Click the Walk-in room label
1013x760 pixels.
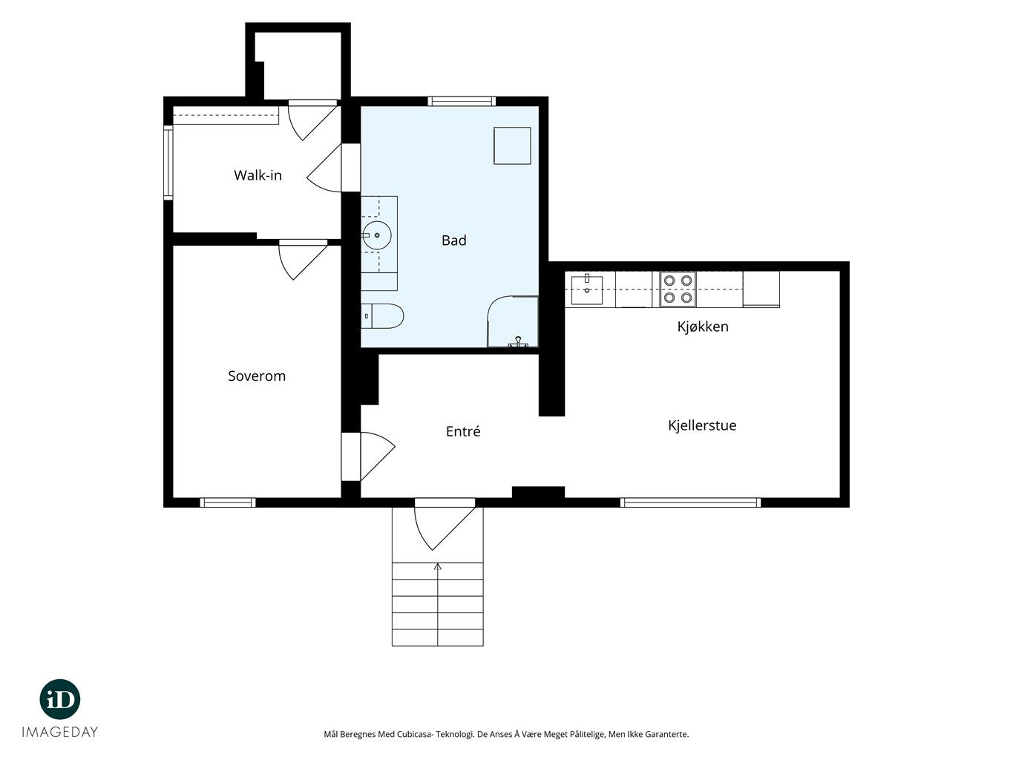tap(258, 175)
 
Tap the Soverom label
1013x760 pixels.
tap(257, 376)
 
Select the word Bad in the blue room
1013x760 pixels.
tap(453, 240)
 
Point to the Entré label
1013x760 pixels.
tap(463, 431)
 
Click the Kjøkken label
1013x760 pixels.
tap(703, 327)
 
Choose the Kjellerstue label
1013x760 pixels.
tap(702, 425)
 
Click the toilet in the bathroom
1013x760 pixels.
tap(382, 316)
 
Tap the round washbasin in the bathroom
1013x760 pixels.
tap(376, 235)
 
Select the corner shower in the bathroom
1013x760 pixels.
tap(513, 321)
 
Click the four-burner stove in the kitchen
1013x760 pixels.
tap(678, 289)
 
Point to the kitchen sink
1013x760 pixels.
tap(586, 289)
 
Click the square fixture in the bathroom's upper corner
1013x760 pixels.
tap(512, 145)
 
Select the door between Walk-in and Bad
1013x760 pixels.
tap(333, 168)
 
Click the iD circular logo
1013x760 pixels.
tap(60, 699)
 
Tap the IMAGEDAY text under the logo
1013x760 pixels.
tap(60, 732)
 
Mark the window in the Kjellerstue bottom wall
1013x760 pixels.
tap(690, 502)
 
